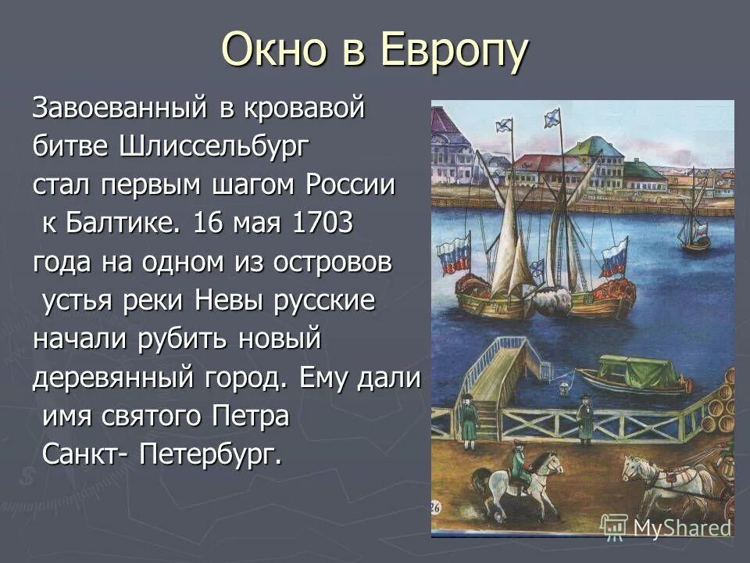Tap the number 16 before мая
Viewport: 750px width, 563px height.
tap(209, 224)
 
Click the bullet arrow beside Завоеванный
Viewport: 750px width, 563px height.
tap(17, 108)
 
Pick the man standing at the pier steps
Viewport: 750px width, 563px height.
tap(469, 421)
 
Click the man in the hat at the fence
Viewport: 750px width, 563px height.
tap(585, 418)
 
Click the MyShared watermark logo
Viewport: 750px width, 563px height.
tap(668, 526)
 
